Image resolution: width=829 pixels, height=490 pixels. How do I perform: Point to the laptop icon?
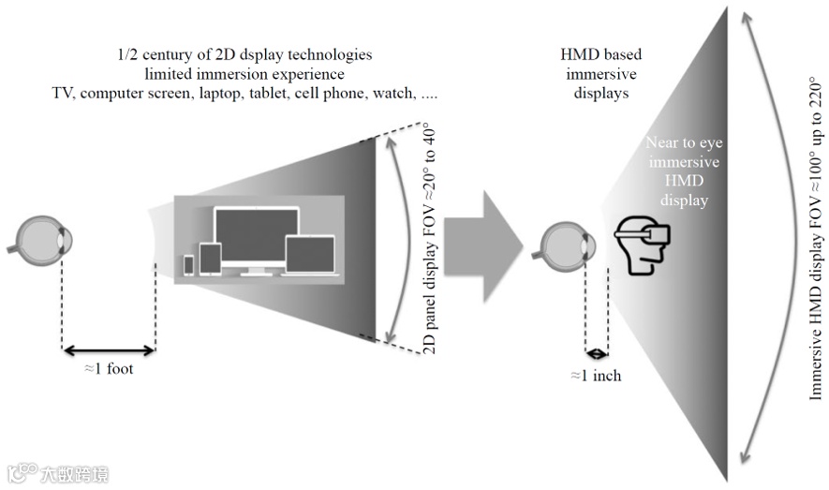[x=310, y=257]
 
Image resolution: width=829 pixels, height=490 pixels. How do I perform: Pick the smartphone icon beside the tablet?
[x=189, y=265]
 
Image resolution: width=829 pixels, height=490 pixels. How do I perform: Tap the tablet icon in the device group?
[x=211, y=260]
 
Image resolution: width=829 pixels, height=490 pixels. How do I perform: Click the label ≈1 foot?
[x=109, y=368]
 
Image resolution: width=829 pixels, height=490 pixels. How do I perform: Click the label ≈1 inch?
[x=597, y=376]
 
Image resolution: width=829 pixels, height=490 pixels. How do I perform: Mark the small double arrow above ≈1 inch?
[x=597, y=353]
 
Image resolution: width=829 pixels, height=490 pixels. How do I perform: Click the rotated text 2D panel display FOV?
[x=430, y=238]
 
